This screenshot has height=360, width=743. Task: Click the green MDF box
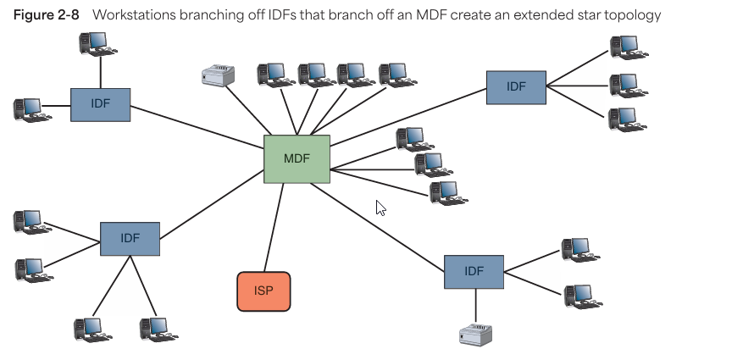pyautogui.click(x=297, y=158)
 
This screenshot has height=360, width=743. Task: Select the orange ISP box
pyautogui.click(x=263, y=291)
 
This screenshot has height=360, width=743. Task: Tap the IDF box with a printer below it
pyautogui.click(x=474, y=271)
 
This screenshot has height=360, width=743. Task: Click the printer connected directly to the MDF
pyautogui.click(x=217, y=76)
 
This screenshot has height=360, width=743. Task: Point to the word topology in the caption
pyautogui.click(x=635, y=16)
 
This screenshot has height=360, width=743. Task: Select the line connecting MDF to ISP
pyautogui.click(x=273, y=227)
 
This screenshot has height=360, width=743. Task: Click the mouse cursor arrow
pyautogui.click(x=380, y=208)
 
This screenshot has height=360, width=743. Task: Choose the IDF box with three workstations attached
pyautogui.click(x=516, y=86)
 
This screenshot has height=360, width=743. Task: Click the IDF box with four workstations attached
pyautogui.click(x=130, y=238)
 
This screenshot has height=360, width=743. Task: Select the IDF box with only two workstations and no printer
pyautogui.click(x=100, y=104)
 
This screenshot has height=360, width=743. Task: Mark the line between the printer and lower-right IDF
pyautogui.click(x=474, y=305)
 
